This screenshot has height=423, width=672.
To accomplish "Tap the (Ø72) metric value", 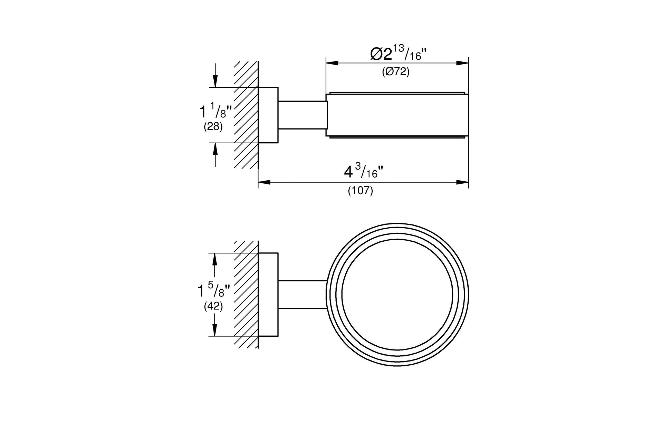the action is coord(395,72).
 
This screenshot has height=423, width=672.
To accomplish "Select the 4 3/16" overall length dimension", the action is coord(364,171).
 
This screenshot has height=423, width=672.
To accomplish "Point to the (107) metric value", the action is coord(361,191).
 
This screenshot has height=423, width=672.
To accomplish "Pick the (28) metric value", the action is coord(213,127).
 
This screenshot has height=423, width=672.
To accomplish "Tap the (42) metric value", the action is coord(213,306).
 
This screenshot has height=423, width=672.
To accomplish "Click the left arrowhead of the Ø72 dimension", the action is coord(332,63).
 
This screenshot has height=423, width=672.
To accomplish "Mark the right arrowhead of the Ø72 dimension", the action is coord(462,63).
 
